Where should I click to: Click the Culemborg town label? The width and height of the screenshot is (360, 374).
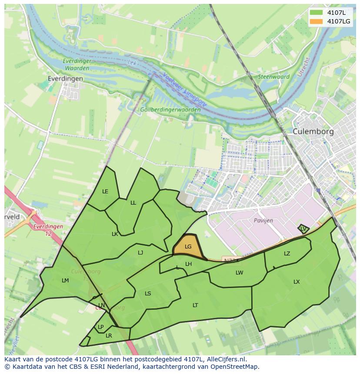pos(313,131)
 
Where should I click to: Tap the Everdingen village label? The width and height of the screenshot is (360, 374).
pos(65,79)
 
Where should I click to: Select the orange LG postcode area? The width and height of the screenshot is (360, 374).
pos(189,247)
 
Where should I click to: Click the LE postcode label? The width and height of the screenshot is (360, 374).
pos(105,192)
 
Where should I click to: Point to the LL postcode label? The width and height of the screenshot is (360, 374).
pos(133,203)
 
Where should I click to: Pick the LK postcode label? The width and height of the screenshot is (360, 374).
pos(115,234)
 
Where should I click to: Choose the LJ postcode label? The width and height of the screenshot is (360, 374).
pos(140,253)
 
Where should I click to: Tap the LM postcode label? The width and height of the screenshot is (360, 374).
pos(65,281)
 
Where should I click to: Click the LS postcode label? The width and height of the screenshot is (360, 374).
pos(148,294)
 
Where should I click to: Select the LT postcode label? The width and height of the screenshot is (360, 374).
pos(195,305)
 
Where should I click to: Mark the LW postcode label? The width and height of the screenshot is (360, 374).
pos(239,273)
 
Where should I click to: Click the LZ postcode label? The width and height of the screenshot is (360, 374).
pos(287,254)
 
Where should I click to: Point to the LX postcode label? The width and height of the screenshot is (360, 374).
pos(297,282)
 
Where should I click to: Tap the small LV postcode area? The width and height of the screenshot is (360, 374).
pos(303,228)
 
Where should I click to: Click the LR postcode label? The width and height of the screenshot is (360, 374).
pos(109,336)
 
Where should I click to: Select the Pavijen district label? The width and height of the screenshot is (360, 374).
pos(263,221)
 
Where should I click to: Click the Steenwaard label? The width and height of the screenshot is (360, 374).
pos(274,77)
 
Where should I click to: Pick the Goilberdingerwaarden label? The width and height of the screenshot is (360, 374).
pos(170,110)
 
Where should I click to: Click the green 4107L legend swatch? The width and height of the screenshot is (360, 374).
pos(316,13)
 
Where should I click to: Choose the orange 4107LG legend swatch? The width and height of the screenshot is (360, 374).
pos(316,21)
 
